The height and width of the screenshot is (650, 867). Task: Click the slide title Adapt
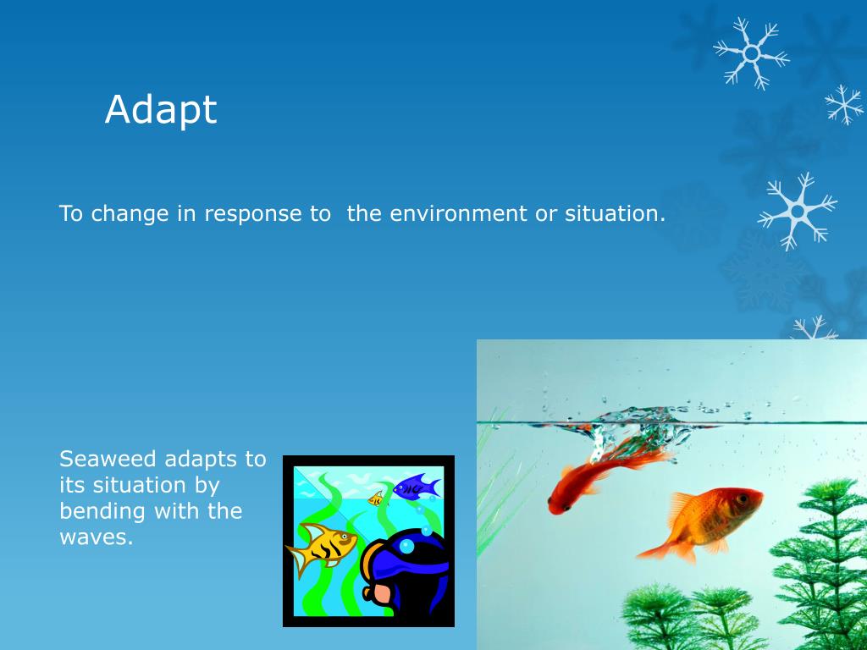(x=160, y=109)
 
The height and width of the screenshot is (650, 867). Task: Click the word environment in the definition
(x=458, y=213)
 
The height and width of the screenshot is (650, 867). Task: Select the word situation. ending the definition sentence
(x=615, y=213)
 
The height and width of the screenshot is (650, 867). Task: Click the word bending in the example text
(x=102, y=512)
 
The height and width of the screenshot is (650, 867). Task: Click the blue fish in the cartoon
(x=417, y=487)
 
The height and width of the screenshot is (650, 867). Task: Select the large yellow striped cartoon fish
(x=321, y=548)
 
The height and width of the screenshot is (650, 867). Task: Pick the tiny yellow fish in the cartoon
(x=376, y=499)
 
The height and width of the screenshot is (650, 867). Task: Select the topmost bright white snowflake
(x=752, y=53)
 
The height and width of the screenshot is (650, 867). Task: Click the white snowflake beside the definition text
(x=797, y=211)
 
